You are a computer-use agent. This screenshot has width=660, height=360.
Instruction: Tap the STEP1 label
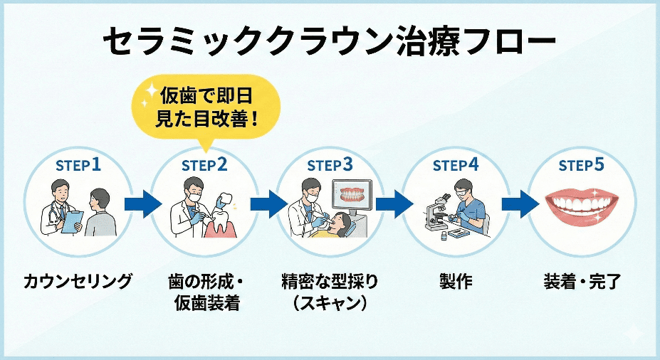click(78, 166)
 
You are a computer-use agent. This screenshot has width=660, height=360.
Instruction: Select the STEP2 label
click(204, 166)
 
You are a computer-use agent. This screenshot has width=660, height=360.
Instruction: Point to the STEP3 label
click(330, 166)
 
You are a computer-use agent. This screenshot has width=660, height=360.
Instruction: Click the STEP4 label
click(456, 166)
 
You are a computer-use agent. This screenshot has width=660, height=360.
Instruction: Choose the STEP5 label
click(581, 166)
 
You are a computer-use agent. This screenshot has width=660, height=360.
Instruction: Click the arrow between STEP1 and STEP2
click(142, 203)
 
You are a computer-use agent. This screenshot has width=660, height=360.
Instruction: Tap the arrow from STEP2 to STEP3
click(268, 203)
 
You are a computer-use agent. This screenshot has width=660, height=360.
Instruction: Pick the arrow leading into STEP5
click(519, 203)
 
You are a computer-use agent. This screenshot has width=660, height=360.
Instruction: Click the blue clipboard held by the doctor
click(70, 223)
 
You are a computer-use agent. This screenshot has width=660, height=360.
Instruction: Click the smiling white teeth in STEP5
click(582, 206)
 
